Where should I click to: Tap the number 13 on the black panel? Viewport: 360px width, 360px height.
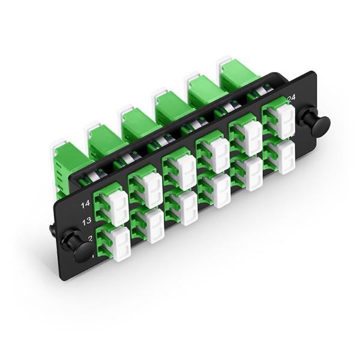[86, 221]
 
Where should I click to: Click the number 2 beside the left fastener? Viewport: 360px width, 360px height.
[89, 238]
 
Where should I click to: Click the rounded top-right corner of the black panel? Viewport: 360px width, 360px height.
[313, 74]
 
